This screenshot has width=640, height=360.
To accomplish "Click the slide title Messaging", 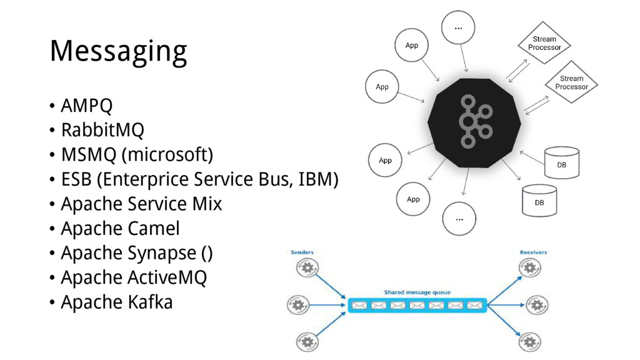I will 118,52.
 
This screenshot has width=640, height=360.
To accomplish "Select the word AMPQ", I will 87,106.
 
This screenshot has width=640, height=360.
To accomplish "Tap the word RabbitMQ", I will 102,131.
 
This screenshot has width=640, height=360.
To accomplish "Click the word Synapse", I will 162,253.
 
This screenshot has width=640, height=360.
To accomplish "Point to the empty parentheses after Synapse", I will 207,253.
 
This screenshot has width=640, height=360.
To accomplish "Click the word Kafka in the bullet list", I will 150,302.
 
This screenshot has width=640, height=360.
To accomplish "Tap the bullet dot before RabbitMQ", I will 52,131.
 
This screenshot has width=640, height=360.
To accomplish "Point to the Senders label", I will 302,252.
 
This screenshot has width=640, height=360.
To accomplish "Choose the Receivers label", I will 533,252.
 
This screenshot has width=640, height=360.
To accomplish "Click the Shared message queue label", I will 417,292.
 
